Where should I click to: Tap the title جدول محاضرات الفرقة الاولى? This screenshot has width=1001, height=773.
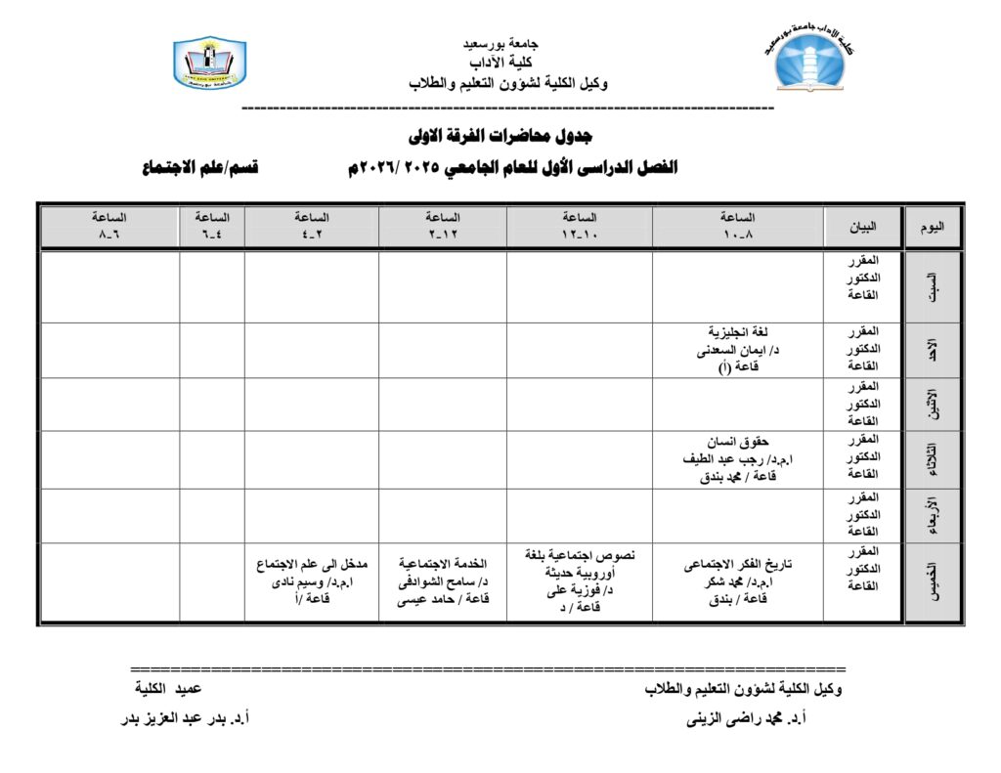pos(500,135)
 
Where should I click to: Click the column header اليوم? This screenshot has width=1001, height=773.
pos(934,227)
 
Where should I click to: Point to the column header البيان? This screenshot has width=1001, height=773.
pos(862,227)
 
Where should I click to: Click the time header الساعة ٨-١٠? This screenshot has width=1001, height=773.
pos(737,227)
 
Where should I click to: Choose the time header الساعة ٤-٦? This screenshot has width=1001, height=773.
pos(212,227)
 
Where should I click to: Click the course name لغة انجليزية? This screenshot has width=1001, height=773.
pos(739,331)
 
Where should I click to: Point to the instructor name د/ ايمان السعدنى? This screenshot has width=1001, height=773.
pos(738,349)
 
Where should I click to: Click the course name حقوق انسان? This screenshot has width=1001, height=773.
pos(738,440)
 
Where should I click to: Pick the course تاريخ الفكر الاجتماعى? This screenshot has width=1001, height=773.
pos(738,564)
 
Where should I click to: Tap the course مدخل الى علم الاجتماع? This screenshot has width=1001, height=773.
pos(312,564)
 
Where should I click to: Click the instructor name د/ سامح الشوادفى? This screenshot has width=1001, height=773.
pos(443,582)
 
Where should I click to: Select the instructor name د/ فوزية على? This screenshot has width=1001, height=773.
pos(580,589)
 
